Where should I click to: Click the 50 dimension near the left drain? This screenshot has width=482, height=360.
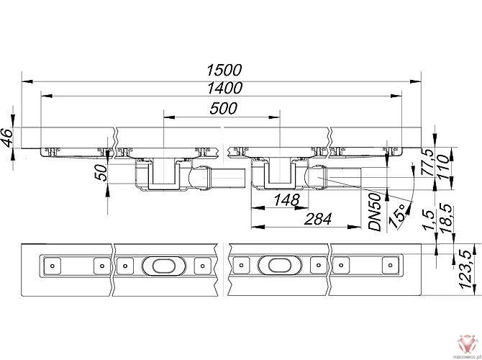[x=101, y=173]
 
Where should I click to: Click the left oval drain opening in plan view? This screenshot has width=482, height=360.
[x=158, y=266]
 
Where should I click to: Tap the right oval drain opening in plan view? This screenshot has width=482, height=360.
[x=275, y=266]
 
